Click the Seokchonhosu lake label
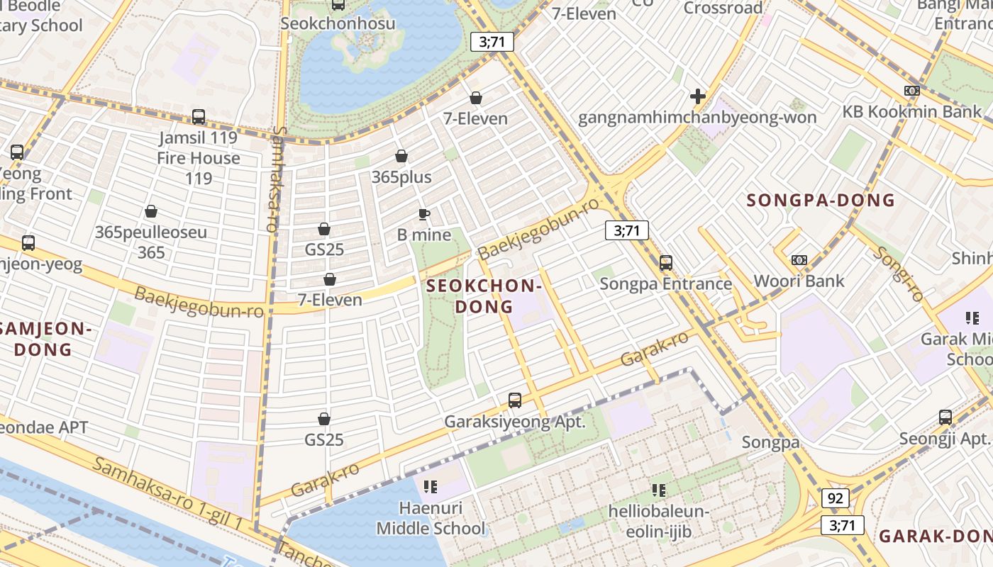click(x=338, y=23)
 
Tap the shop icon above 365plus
click(x=401, y=156)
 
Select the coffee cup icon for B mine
click(x=424, y=214)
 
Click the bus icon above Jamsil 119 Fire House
click(x=199, y=117)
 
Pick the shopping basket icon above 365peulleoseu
click(x=151, y=211)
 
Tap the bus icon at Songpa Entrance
click(x=665, y=263)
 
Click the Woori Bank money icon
click(x=799, y=260)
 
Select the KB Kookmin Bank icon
click(x=912, y=91)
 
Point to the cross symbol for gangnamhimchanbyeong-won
click(x=698, y=96)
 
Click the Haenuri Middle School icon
click(x=430, y=486)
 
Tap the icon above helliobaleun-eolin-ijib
click(x=659, y=490)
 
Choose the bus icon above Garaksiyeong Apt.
click(x=515, y=400)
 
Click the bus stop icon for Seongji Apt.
click(x=945, y=417)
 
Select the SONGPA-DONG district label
click(x=821, y=201)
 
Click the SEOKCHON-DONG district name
click(x=484, y=296)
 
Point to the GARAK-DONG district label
click(x=935, y=537)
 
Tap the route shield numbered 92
click(x=835, y=498)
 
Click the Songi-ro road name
click(x=897, y=274)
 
